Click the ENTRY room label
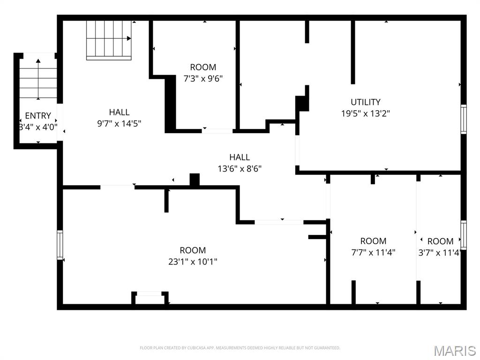coord(38,116)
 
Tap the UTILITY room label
coord(366,102)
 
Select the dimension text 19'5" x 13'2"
coord(366,113)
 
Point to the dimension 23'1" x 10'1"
coord(193,262)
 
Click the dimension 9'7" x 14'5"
coord(119,124)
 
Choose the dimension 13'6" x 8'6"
coord(240,169)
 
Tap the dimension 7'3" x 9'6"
coord(203,78)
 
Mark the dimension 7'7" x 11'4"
coord(373,252)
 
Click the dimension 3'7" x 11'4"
coord(440,253)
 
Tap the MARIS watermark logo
coord(454,350)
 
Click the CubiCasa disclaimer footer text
coord(240,348)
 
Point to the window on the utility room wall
coord(464,119)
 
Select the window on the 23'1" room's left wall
coord(60,244)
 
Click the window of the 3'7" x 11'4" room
coord(464,235)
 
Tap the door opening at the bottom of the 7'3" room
coord(217,130)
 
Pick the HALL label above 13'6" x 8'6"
coord(240,157)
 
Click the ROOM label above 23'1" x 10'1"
coord(193,250)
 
